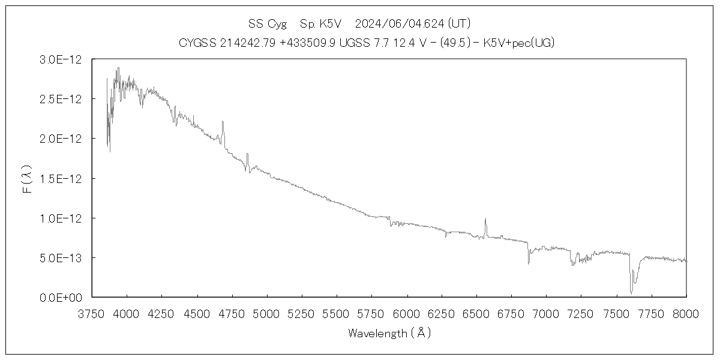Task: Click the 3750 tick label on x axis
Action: pyautogui.click(x=92, y=314)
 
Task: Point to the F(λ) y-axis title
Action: pyautogui.click(x=28, y=178)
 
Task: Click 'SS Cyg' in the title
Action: pyautogui.click(x=267, y=24)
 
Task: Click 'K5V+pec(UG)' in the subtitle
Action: pyautogui.click(x=526, y=43)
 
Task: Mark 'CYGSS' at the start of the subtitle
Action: pyautogui.click(x=195, y=43)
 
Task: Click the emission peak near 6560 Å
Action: pyautogui.click(x=485, y=219)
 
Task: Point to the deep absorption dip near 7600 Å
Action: pyautogui.click(x=631, y=292)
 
